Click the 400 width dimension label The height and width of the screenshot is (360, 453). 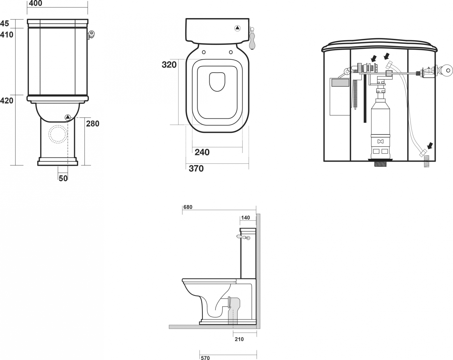click(35, 3)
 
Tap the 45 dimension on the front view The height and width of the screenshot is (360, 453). click(4, 23)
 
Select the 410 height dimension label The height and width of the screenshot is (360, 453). click(6, 35)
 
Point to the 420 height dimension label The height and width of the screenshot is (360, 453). click(6, 101)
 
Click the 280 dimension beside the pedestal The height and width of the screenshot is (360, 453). click(92, 124)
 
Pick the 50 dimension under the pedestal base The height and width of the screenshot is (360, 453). click(63, 178)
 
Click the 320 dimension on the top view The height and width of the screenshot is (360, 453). click(169, 65)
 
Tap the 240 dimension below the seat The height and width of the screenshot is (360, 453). click(202, 152)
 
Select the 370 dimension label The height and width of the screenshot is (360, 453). click(196, 168)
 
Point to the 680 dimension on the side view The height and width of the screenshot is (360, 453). click(188, 207)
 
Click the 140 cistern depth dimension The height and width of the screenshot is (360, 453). click(245, 218)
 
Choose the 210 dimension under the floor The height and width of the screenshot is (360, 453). click(239, 339)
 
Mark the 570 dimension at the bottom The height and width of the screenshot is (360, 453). click(205, 358)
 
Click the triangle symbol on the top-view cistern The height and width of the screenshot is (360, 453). click(237, 28)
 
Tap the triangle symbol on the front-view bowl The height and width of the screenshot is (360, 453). click(68, 117)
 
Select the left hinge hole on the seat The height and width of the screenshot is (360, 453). click(203, 52)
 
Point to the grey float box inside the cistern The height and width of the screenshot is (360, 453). click(340, 82)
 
